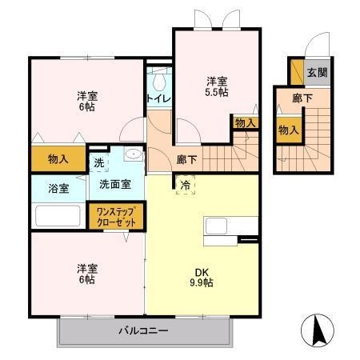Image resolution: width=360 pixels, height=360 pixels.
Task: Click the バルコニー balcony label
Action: [x=143, y=330]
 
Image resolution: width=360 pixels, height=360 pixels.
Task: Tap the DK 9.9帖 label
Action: [x=202, y=277]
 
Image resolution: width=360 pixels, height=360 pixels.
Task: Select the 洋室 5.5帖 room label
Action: [x=216, y=86]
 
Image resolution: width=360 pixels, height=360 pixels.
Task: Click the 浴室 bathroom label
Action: [x=58, y=189]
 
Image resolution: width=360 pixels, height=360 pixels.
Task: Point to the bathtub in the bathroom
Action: [x=58, y=216]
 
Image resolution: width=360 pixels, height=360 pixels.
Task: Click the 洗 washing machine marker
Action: [x=98, y=163]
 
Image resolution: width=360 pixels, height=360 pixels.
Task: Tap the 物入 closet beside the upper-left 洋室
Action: [x=58, y=158]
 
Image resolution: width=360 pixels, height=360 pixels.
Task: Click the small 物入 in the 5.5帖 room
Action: [x=245, y=122]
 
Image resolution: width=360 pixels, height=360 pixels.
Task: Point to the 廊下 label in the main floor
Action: [x=186, y=158]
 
